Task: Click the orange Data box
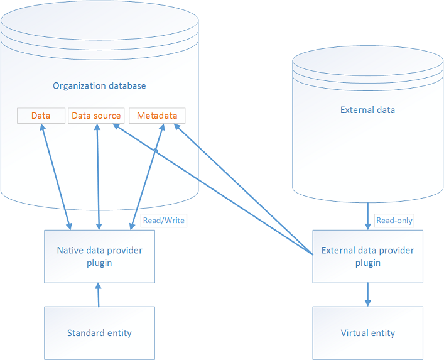click(41, 116)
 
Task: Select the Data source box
click(96, 116)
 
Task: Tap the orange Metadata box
click(157, 116)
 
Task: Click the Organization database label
click(99, 85)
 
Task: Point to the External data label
click(367, 110)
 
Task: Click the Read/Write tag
click(164, 221)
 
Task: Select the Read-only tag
click(394, 221)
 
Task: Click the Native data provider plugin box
click(99, 256)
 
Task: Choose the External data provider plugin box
click(367, 256)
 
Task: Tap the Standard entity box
click(99, 333)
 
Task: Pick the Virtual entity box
click(367, 333)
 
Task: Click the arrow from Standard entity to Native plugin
click(98, 295)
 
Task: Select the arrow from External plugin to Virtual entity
click(367, 295)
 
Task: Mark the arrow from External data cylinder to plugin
click(367, 216)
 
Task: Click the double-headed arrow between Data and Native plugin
click(55, 176)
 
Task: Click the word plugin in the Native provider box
click(99, 263)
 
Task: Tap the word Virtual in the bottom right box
click(354, 333)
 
